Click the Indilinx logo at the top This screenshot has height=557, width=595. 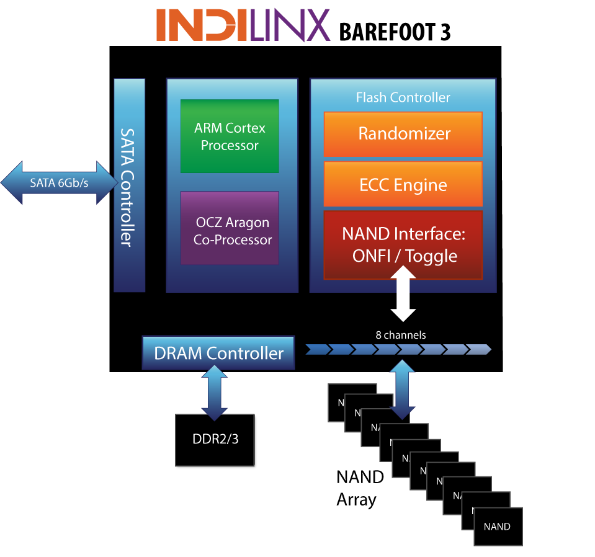(243, 25)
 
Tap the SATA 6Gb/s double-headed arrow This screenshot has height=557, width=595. (59, 183)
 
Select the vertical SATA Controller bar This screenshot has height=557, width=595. (129, 185)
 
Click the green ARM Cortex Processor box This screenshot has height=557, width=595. (230, 136)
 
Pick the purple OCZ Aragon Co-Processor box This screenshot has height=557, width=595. (230, 228)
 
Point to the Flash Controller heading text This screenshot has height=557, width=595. (403, 97)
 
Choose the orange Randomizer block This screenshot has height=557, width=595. (403, 134)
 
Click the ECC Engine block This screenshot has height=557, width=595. (403, 185)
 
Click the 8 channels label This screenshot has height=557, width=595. (401, 335)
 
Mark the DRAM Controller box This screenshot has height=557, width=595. (218, 354)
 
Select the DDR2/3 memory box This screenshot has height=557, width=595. (215, 440)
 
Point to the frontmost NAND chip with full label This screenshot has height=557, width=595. (498, 527)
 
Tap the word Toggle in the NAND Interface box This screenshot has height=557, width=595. (432, 256)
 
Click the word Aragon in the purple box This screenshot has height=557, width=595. (249, 223)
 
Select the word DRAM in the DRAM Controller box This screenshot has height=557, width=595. (177, 354)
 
